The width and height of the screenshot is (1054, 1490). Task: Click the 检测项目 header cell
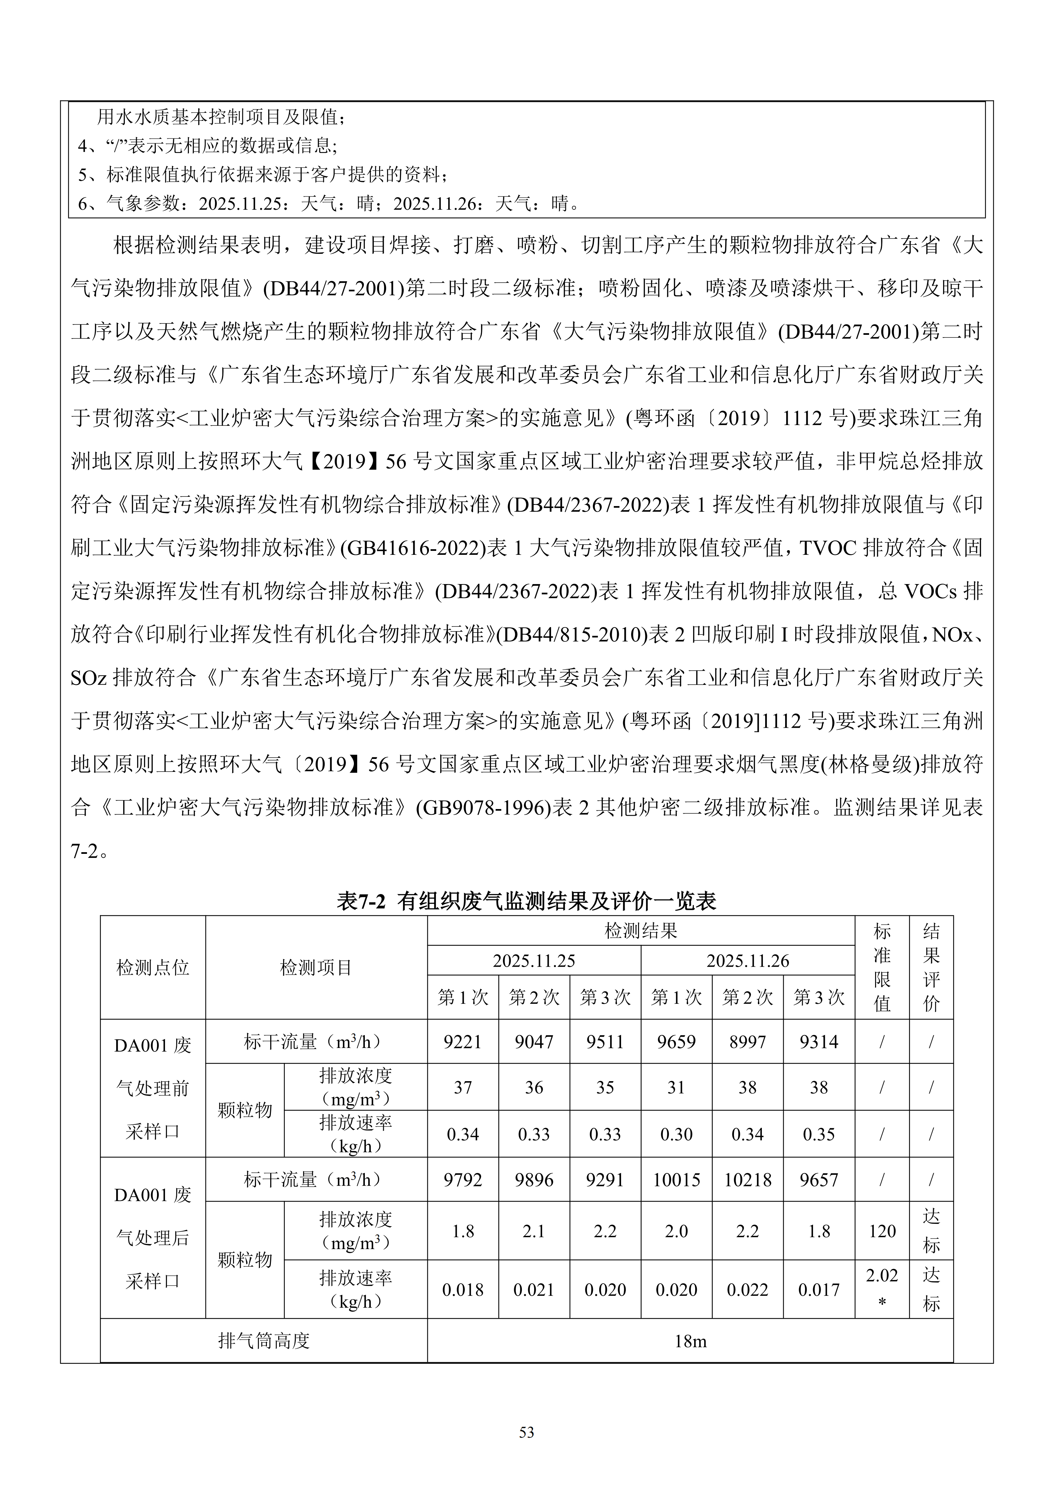[x=316, y=968]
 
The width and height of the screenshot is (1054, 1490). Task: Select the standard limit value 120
[x=882, y=1231]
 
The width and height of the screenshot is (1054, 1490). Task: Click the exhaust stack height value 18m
[x=690, y=1341]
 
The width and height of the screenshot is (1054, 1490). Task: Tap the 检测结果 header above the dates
[x=641, y=931]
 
